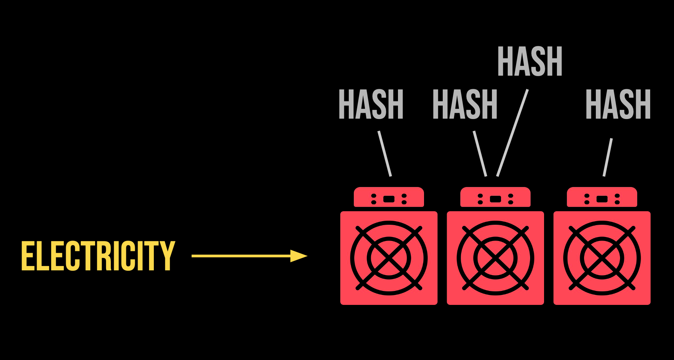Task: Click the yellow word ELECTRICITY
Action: tap(98, 256)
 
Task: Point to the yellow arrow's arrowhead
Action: tap(298, 256)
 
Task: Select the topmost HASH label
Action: tap(530, 62)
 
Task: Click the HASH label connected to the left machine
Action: tap(371, 104)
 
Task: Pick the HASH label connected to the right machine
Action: tap(618, 104)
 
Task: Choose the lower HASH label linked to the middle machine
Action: tap(465, 104)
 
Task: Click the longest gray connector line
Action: tap(512, 133)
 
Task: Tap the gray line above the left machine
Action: tap(385, 154)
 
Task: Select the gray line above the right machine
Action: tap(608, 157)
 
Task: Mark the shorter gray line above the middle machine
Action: tap(480, 154)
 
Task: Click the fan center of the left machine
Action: tap(389, 258)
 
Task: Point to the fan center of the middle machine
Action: tap(495, 258)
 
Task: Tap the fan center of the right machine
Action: tap(602, 258)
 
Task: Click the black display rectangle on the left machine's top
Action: tap(389, 199)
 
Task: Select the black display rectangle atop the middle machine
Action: tap(495, 199)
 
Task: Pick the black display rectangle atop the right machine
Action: tap(602, 199)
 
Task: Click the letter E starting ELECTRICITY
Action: tap(28, 256)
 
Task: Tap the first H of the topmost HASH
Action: tap(505, 62)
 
